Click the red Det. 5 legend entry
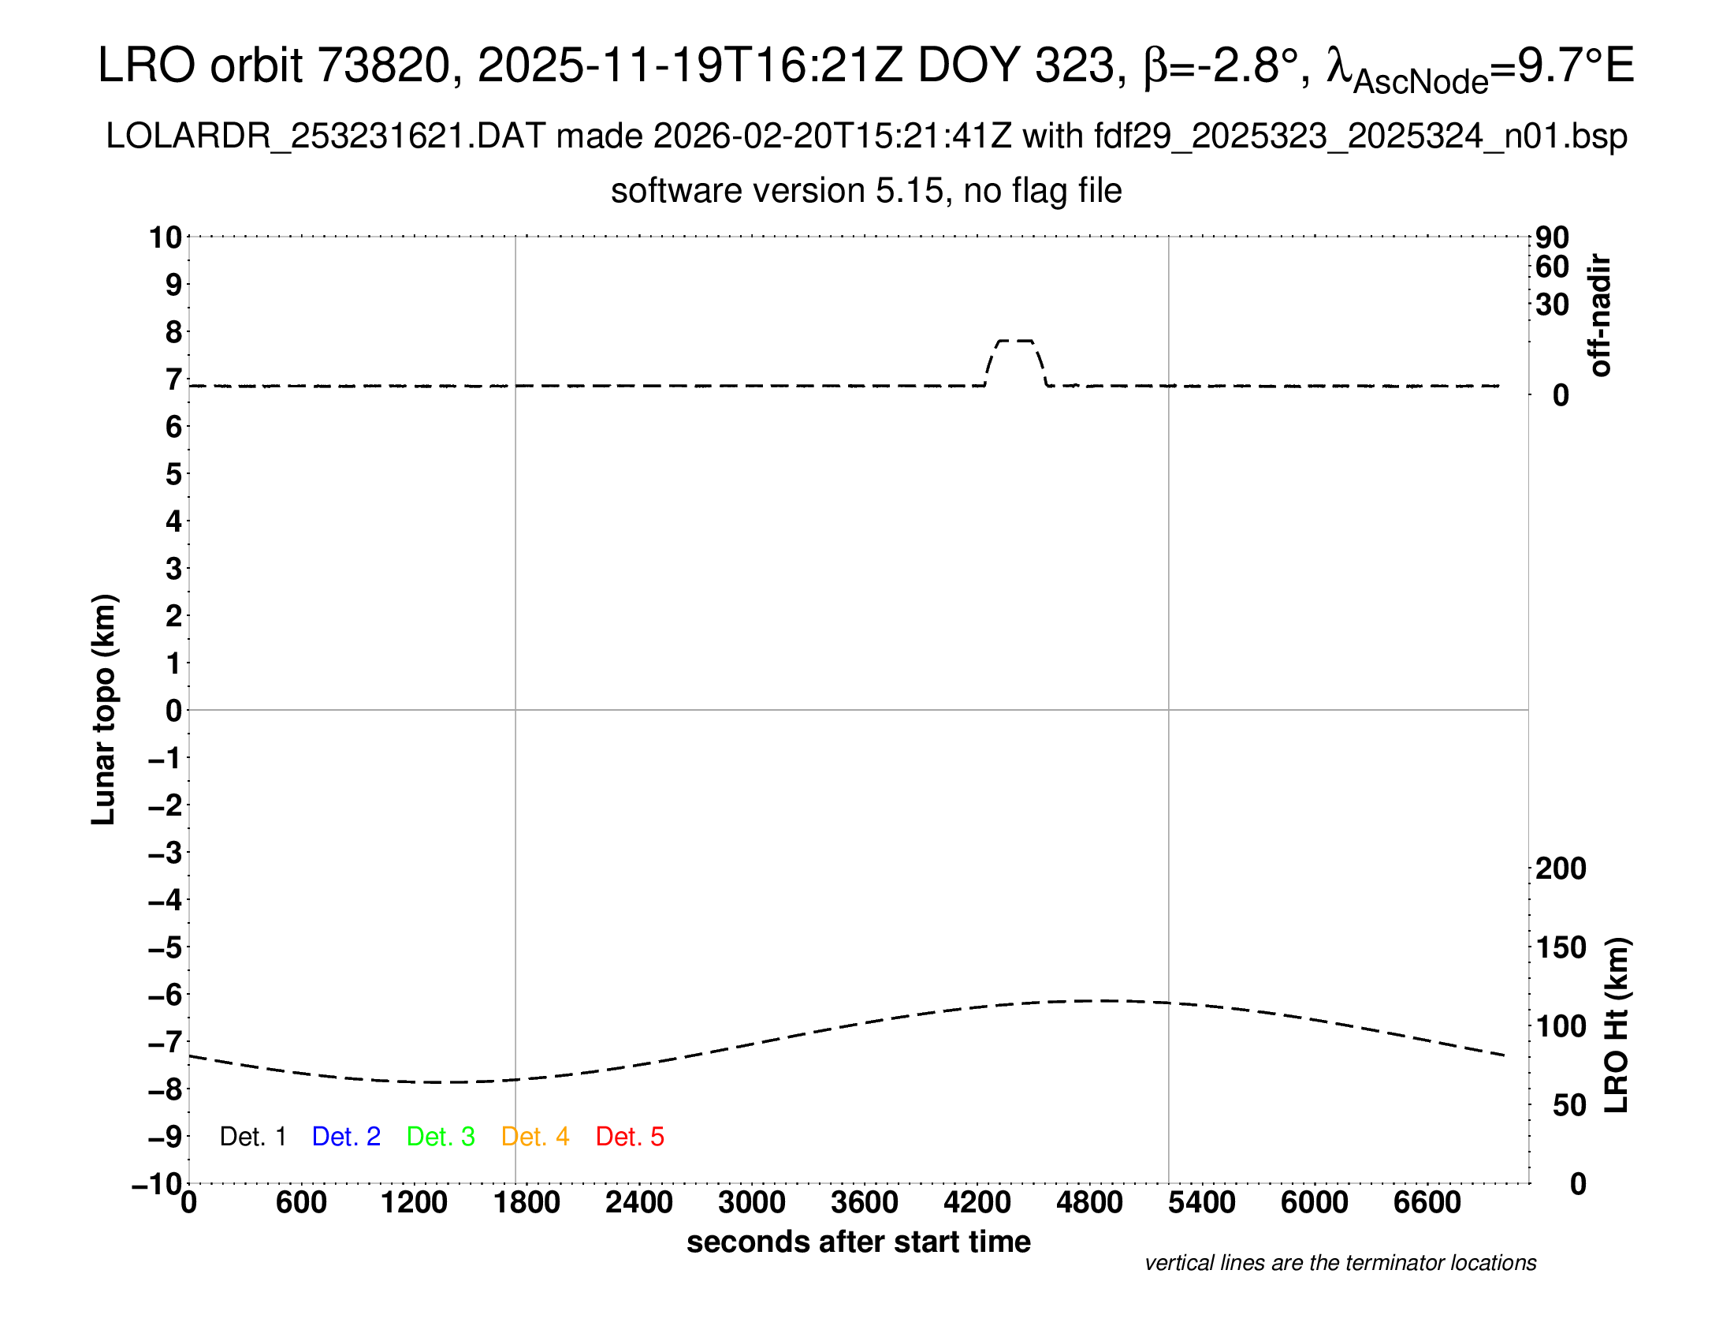coord(630,1137)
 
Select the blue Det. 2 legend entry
coord(346,1137)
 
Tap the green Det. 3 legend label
coord(441,1137)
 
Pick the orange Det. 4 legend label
coord(535,1137)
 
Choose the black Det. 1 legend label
coord(252,1137)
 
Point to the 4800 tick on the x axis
coord(1089,1203)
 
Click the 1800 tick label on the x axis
coord(527,1203)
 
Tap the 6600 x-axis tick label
coord(1427,1203)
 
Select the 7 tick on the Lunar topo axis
coord(173,379)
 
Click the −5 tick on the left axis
coord(166,947)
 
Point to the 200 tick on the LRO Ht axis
coord(1561,868)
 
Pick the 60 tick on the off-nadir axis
coord(1552,267)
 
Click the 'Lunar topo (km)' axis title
coord(104,709)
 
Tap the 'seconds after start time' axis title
coord(858,1242)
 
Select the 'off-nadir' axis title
coord(1600,316)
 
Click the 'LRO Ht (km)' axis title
coord(1616,1025)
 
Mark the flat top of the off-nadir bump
coord(1015,341)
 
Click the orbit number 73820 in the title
coord(385,65)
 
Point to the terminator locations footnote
coord(1340,1263)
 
